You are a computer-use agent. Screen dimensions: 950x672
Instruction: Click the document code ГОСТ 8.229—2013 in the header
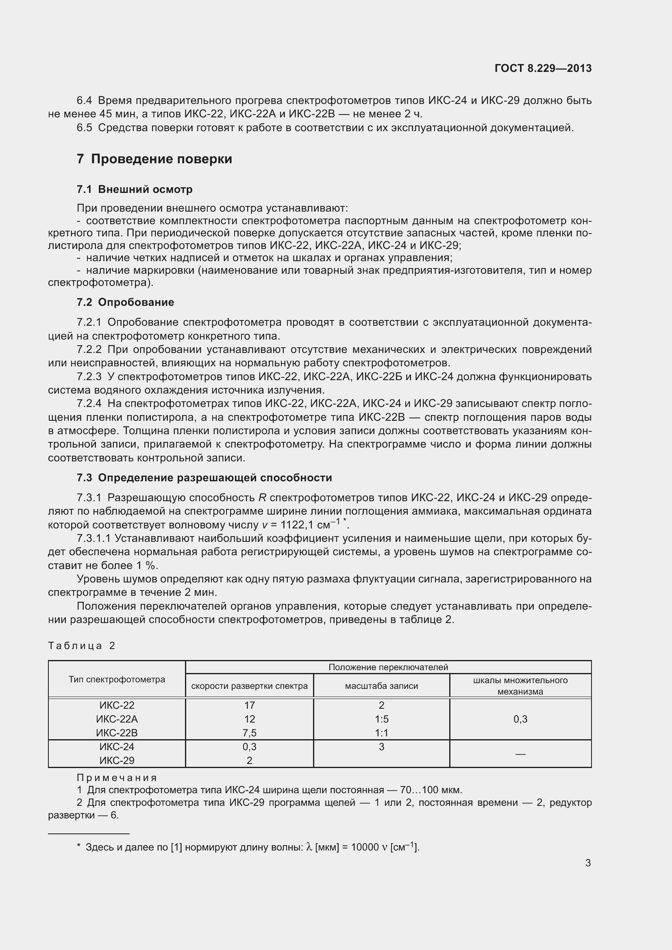click(x=543, y=68)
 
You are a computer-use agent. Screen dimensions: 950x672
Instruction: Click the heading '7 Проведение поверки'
click(x=154, y=159)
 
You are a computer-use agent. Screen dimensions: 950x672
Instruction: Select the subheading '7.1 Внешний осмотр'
click(x=135, y=190)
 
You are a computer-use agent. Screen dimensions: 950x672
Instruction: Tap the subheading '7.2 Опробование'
click(x=125, y=302)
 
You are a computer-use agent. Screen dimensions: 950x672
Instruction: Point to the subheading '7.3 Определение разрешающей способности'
click(x=204, y=478)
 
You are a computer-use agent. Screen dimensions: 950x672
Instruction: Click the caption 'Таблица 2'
click(x=82, y=645)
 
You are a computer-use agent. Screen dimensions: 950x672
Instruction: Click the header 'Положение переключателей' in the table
click(x=388, y=667)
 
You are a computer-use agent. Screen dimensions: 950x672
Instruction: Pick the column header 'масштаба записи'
click(x=381, y=686)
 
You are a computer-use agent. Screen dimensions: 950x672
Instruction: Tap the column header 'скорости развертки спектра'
click(x=249, y=686)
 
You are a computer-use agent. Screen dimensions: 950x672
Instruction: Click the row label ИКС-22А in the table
click(x=117, y=719)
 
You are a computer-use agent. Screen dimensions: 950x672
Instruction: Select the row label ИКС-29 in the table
click(x=117, y=760)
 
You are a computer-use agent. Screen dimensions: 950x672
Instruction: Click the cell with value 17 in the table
click(x=249, y=705)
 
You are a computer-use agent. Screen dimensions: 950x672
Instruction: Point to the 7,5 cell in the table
click(x=249, y=733)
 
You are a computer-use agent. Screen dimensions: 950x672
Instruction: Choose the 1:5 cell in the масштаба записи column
click(x=381, y=719)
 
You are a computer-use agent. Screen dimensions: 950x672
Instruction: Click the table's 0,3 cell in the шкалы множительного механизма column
click(x=520, y=719)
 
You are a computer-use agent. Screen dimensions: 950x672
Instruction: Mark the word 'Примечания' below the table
click(x=117, y=778)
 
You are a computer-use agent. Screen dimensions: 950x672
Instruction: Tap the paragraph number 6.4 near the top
click(x=84, y=101)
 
